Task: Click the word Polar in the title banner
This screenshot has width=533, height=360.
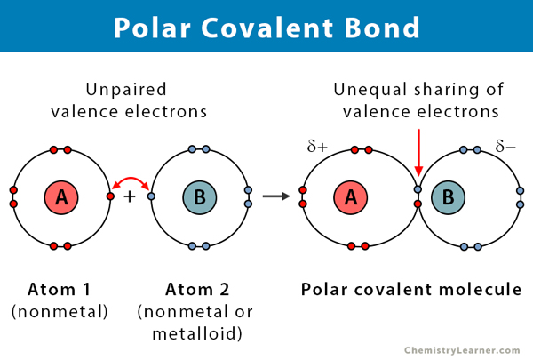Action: click(152, 27)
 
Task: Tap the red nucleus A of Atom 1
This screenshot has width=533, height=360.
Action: click(61, 196)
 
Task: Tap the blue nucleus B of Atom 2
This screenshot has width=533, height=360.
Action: click(197, 196)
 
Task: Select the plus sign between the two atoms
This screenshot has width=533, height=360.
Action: click(130, 196)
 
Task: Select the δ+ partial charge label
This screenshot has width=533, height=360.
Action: click(318, 147)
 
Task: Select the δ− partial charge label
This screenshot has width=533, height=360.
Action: click(507, 147)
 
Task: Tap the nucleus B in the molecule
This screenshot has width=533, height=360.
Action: click(449, 196)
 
